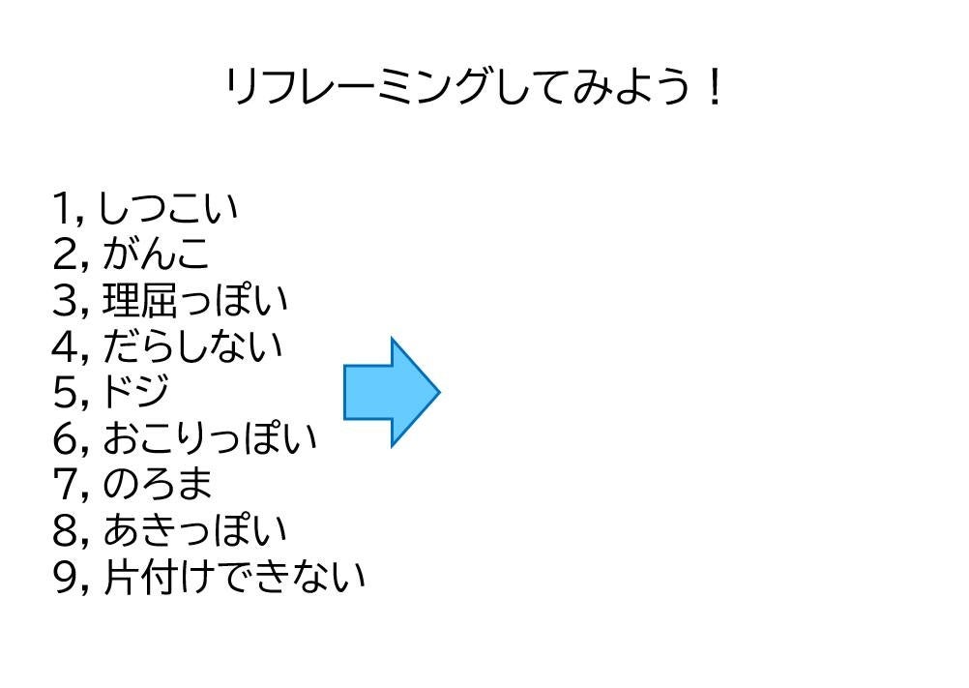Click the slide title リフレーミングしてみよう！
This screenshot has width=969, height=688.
(474, 88)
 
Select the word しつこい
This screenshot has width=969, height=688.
(168, 208)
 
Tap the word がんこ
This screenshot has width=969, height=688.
(155, 254)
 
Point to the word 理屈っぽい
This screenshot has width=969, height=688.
(194, 300)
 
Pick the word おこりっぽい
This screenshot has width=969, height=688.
(209, 438)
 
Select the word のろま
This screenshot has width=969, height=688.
(157, 484)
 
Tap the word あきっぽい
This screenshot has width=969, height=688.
(194, 530)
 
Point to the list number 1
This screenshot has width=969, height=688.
(65, 208)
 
